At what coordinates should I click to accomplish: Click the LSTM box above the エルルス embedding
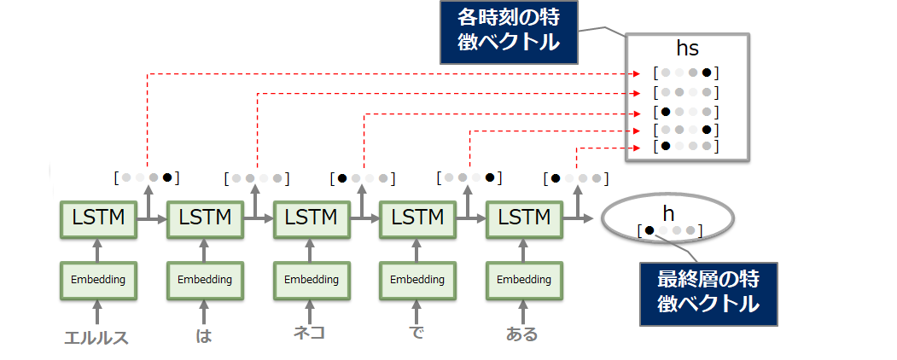point(96,218)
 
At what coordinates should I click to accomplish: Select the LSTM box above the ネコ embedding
point(310,218)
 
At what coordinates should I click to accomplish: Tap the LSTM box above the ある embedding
point(523,218)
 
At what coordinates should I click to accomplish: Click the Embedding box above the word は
point(203,279)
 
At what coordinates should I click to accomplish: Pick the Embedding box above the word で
point(416,279)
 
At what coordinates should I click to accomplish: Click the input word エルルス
point(96,336)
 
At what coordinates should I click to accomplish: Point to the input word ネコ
point(307,333)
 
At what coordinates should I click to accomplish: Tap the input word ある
point(521,334)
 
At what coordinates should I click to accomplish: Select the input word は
point(203,335)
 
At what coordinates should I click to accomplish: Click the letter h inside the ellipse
point(668,211)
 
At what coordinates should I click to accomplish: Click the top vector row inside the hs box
point(686,73)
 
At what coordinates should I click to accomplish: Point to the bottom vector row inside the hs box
point(686,147)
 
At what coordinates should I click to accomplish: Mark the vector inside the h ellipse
point(669,230)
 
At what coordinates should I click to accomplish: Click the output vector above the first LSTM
point(147,178)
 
